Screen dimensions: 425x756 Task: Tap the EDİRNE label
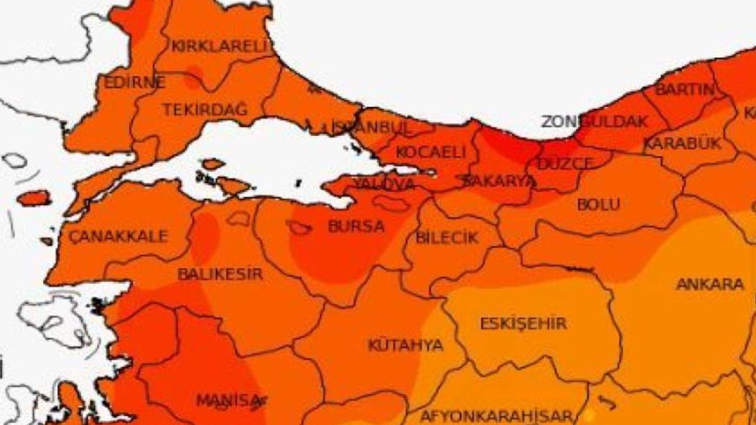point(134,82)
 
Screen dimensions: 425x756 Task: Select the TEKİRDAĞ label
point(205,110)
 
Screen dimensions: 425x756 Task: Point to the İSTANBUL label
point(371,127)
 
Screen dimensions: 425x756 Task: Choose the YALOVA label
point(384,183)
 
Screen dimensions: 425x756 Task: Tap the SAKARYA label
point(498,181)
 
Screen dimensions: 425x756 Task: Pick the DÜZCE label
point(565,164)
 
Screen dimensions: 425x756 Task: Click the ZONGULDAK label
point(594,122)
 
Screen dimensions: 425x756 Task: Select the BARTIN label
point(685,89)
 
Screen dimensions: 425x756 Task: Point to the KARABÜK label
point(682,144)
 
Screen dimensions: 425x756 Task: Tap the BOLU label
point(598,205)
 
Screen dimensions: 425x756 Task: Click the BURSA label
point(356,227)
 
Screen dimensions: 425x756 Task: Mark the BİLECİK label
point(447,238)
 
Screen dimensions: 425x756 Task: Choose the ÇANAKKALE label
point(118,237)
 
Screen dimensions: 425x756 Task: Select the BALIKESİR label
point(220,275)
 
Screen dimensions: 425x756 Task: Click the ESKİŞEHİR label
point(523,324)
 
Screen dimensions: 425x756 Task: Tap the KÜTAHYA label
point(406,345)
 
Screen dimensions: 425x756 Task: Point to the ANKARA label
point(710,285)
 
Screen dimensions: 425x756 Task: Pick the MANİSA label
point(228,400)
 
